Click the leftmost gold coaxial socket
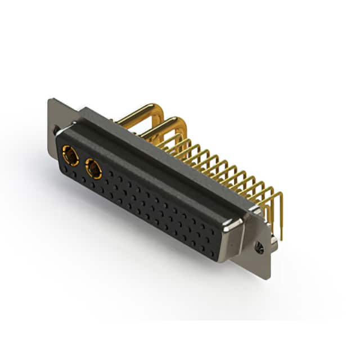click(x=70, y=155)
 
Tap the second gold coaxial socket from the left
click(x=93, y=168)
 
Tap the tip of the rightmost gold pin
click(x=280, y=239)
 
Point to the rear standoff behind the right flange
click(x=272, y=239)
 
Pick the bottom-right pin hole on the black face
click(x=211, y=254)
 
